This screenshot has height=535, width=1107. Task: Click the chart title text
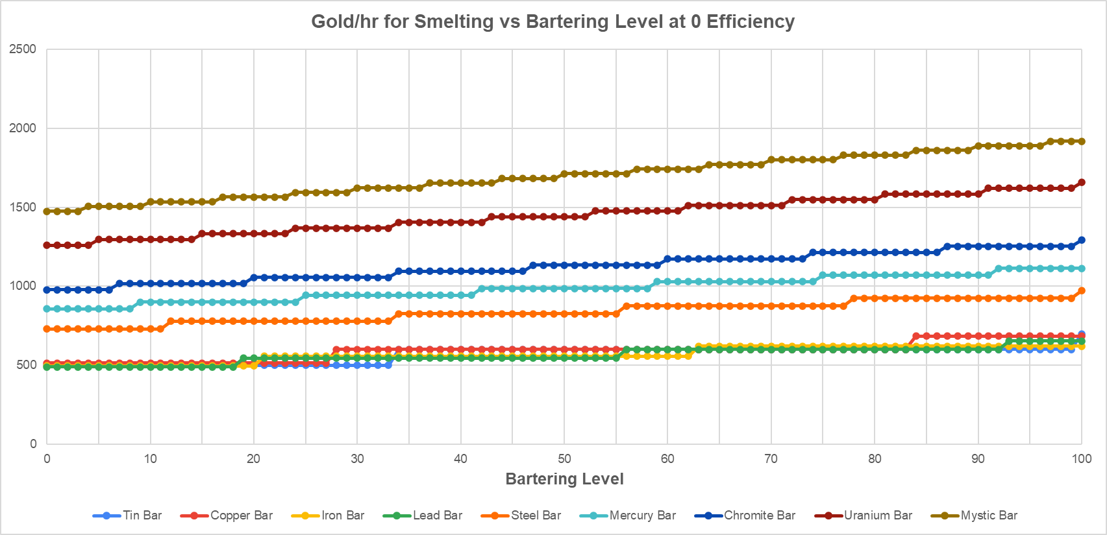(x=553, y=21)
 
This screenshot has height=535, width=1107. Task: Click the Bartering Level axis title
(x=564, y=479)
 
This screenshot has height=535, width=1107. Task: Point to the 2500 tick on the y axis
(x=23, y=49)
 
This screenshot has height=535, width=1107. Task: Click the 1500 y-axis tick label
(x=23, y=208)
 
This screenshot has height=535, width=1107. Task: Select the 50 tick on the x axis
(x=564, y=459)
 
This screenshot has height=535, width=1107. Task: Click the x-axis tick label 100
(x=1082, y=459)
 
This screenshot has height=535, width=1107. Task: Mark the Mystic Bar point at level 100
(x=1082, y=141)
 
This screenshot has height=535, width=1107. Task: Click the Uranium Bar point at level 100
(x=1082, y=182)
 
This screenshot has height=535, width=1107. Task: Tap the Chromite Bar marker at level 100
(x=1082, y=240)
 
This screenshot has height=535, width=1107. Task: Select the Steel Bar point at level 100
(x=1082, y=291)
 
